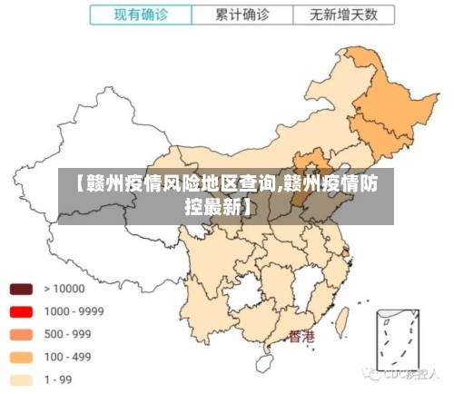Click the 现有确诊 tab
[141, 15]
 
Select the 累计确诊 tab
[242, 15]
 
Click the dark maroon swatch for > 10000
[21, 289]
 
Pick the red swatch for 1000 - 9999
[21, 311]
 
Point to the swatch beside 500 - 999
[21, 334]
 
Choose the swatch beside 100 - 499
[21, 357]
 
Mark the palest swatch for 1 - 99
[21, 379]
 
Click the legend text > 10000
[64, 289]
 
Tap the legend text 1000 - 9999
[74, 311]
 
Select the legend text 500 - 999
[67, 334]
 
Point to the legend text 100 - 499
[67, 357]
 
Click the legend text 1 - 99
[59, 379]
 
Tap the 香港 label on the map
[302, 337]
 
